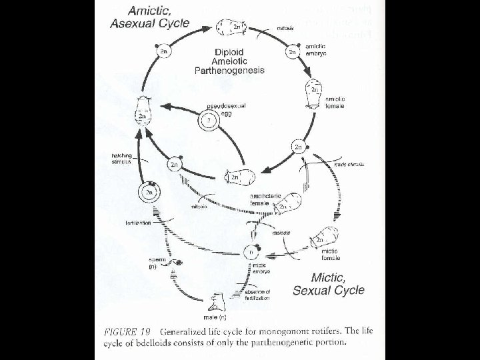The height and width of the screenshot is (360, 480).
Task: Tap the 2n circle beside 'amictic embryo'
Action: (292, 50)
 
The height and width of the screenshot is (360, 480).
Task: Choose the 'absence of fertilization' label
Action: (256, 295)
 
